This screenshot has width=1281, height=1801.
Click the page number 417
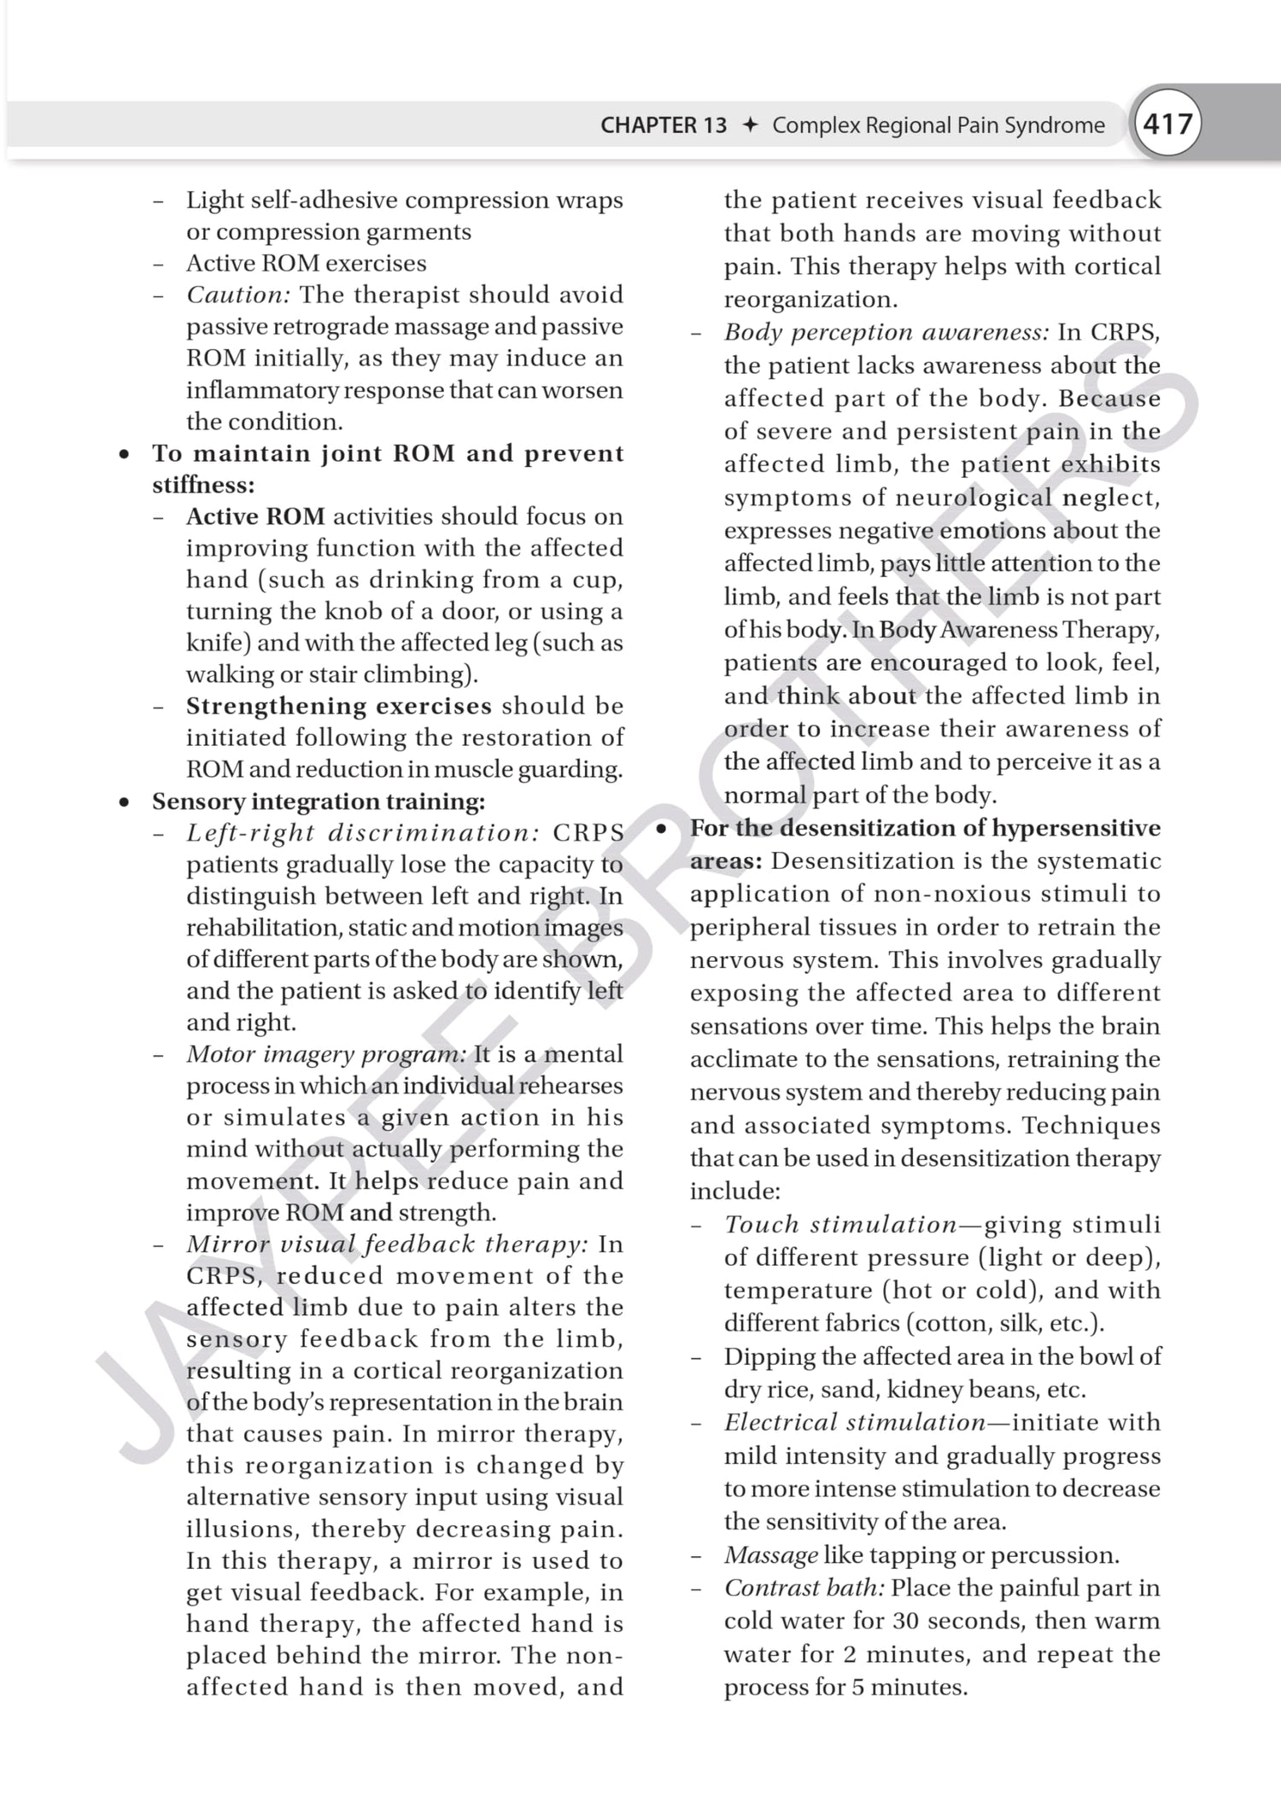point(1167,125)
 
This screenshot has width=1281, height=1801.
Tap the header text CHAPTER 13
point(663,125)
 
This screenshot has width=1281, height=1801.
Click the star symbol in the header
point(750,125)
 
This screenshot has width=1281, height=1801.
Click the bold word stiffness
point(202,485)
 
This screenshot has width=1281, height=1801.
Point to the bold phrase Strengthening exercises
point(339,706)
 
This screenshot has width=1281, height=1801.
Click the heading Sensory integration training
point(318,801)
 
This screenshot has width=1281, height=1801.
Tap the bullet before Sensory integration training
point(125,802)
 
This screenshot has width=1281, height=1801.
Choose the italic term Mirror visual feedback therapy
point(387,1244)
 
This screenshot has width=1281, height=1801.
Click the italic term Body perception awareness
point(886,332)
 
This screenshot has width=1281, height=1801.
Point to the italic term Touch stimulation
point(840,1225)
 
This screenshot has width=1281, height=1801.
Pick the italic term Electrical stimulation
point(854,1423)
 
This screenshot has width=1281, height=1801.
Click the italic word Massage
point(770,1555)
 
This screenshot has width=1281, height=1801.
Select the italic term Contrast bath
point(804,1588)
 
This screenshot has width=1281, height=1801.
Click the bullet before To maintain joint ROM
point(125,454)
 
